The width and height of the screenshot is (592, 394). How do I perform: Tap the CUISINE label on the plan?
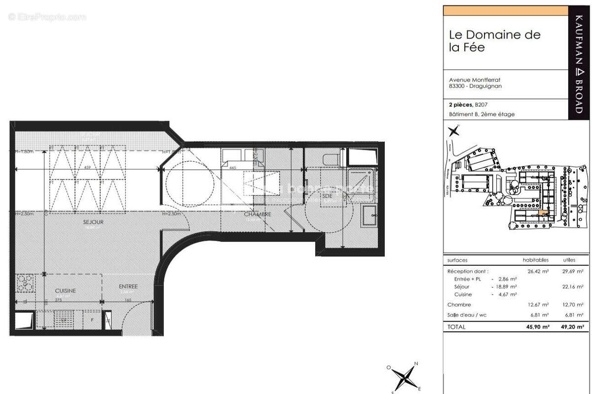pyautogui.click(x=65, y=290)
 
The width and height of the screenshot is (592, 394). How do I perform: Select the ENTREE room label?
pyautogui.click(x=128, y=287)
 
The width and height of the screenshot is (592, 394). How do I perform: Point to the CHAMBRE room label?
pyautogui.click(x=258, y=215)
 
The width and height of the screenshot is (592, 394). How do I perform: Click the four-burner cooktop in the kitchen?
pyautogui.click(x=24, y=283)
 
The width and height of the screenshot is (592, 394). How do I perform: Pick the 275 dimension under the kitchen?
pyautogui.click(x=58, y=299)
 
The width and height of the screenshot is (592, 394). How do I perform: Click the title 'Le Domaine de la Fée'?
pyautogui.click(x=494, y=41)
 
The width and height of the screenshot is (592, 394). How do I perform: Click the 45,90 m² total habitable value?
pyautogui.click(x=536, y=327)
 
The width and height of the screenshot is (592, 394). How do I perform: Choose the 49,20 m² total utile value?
pyautogui.click(x=572, y=327)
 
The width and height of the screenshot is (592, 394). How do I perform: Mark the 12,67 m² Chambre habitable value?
pyautogui.click(x=538, y=305)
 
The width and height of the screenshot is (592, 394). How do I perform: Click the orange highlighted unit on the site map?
pyautogui.click(x=544, y=213)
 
